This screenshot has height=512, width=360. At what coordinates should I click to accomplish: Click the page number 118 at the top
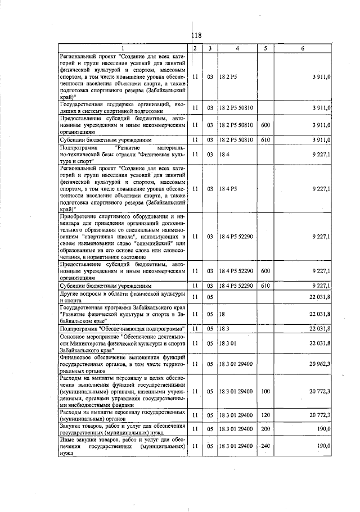coord(196,35)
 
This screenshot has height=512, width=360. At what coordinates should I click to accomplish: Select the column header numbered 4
coord(237,48)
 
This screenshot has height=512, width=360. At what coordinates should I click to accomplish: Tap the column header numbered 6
coord(302,48)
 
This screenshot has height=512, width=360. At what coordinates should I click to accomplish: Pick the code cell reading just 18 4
coord(223,153)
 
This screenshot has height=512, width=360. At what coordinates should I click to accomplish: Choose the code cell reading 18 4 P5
coord(227,189)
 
